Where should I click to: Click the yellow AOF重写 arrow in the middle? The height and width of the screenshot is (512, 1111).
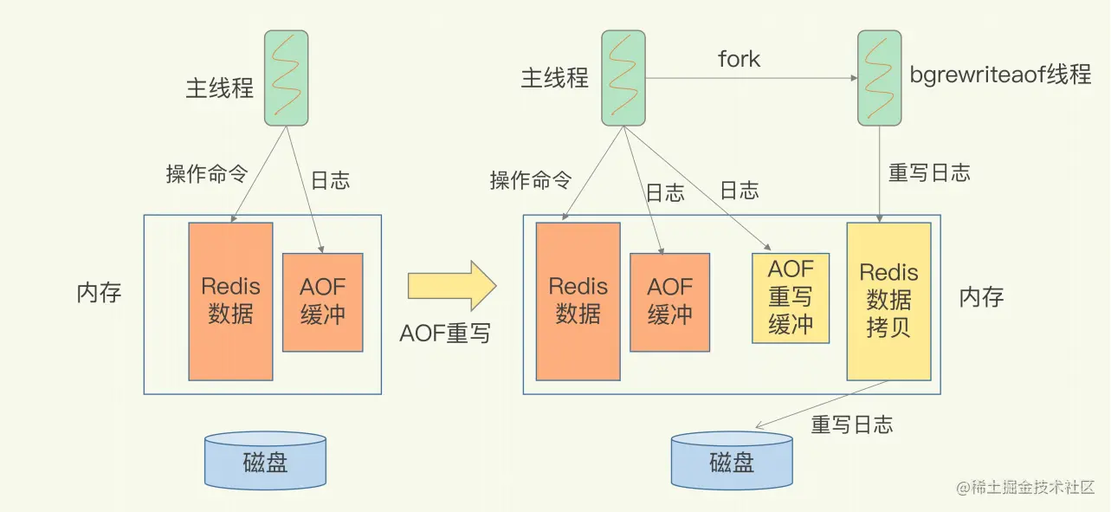pyautogui.click(x=450, y=285)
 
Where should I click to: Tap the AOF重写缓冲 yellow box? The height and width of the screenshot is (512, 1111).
pyautogui.click(x=791, y=297)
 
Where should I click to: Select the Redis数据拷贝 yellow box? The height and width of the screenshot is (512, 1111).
pyautogui.click(x=888, y=301)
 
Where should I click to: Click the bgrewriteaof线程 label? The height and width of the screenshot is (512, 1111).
pyautogui.click(x=1000, y=75)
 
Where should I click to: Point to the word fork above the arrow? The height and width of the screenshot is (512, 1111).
pyautogui.click(x=739, y=59)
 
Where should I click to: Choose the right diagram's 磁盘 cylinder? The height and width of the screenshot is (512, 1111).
pyautogui.click(x=732, y=460)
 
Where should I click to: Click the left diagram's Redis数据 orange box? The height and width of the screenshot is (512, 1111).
pyautogui.click(x=230, y=301)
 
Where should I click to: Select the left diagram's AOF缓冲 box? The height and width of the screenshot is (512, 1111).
pyautogui.click(x=322, y=301)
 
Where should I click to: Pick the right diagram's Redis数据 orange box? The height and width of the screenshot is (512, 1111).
pyautogui.click(x=578, y=301)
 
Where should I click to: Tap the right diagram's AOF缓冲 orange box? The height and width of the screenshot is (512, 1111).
pyautogui.click(x=669, y=301)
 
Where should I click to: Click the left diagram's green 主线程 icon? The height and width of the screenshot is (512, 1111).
pyautogui.click(x=287, y=78)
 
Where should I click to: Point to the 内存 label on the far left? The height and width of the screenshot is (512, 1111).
pyautogui.click(x=100, y=292)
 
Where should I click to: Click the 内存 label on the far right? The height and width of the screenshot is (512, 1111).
pyautogui.click(x=981, y=297)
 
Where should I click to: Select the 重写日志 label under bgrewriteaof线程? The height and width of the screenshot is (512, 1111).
pyautogui.click(x=928, y=172)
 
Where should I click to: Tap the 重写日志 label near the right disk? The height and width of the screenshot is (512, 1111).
pyautogui.click(x=851, y=425)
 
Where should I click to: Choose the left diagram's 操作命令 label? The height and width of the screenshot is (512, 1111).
pyautogui.click(x=206, y=174)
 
